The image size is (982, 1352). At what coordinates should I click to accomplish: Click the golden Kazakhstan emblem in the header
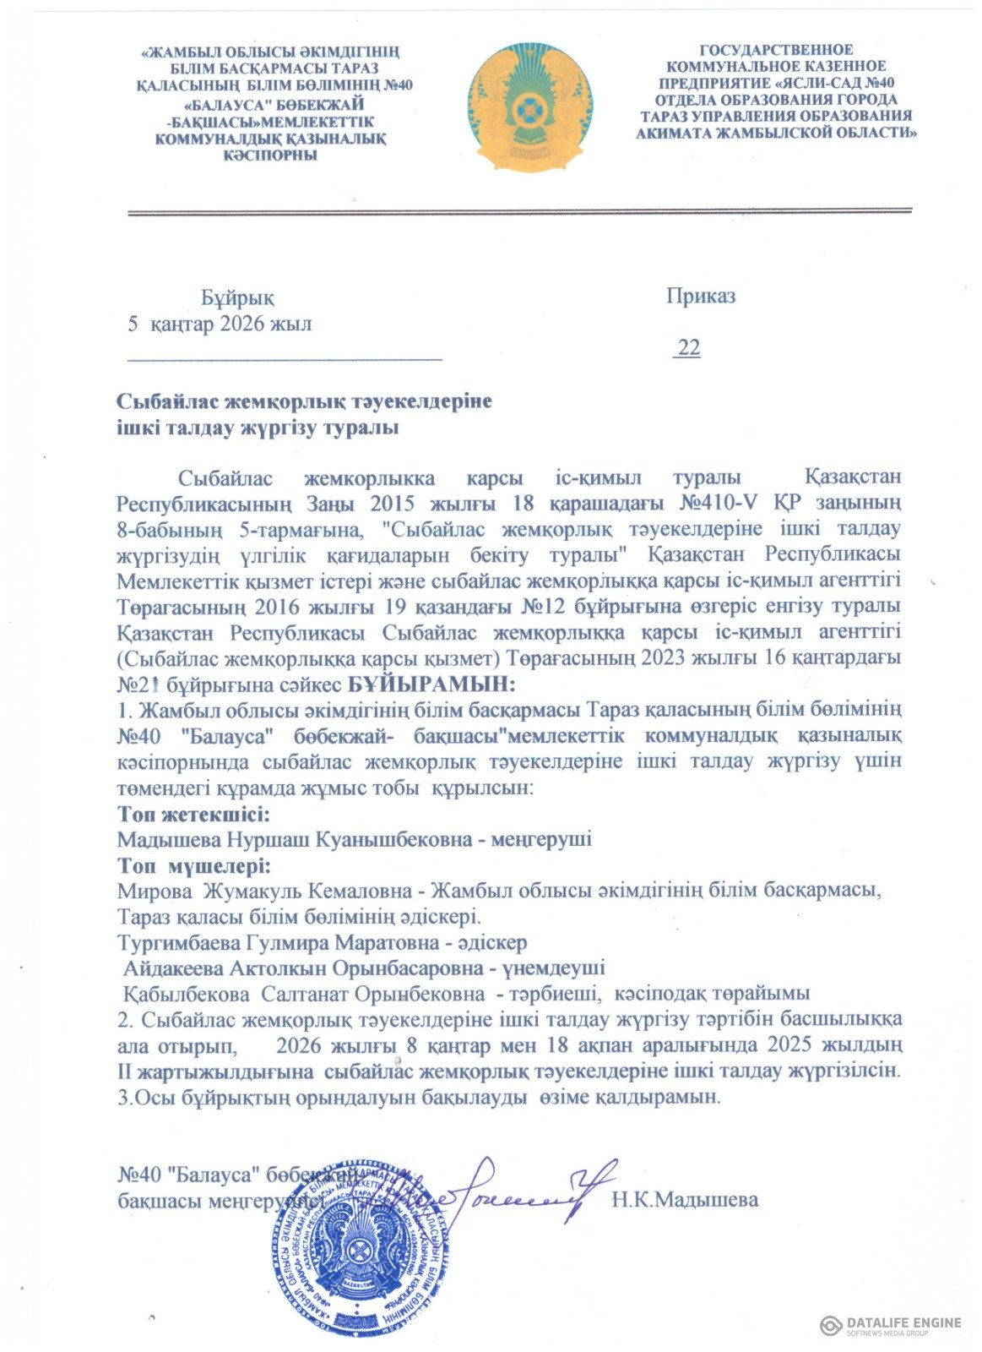pyautogui.click(x=530, y=108)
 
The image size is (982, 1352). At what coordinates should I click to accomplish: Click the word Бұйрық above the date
pyautogui.click(x=237, y=298)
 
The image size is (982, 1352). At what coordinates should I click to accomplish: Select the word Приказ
pyautogui.click(x=700, y=297)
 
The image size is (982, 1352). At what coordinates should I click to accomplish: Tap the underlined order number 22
pyautogui.click(x=688, y=348)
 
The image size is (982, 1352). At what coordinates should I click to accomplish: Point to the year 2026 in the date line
pyautogui.click(x=242, y=324)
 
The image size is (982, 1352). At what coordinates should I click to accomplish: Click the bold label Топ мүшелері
pyautogui.click(x=194, y=867)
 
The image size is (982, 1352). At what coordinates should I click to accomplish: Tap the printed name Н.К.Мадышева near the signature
pyautogui.click(x=685, y=1200)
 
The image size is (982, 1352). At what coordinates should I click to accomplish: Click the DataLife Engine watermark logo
pyautogui.click(x=890, y=1325)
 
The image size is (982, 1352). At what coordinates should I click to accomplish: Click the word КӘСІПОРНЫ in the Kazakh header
pyautogui.click(x=269, y=155)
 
